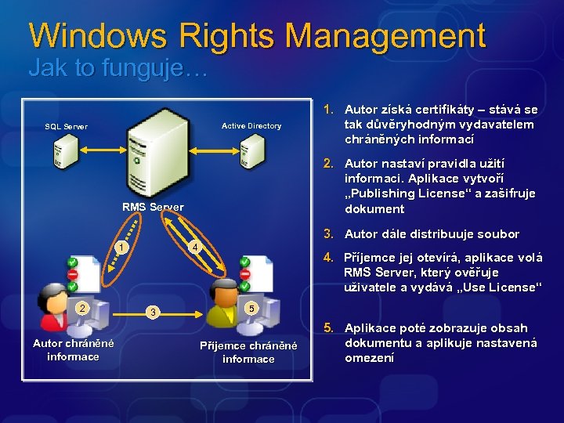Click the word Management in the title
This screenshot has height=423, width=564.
click(385, 36)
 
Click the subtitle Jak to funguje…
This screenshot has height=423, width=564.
click(117, 69)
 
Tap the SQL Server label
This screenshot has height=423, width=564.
click(67, 126)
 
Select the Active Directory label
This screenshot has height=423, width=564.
click(251, 125)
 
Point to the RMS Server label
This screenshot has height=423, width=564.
click(153, 207)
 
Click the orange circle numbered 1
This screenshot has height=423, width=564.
click(119, 248)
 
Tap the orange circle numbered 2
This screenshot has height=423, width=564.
click(81, 308)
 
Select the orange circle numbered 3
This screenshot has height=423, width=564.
click(154, 313)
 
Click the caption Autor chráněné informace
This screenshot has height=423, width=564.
click(73, 350)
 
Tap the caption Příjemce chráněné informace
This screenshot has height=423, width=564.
click(248, 352)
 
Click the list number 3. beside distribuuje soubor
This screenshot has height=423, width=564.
click(329, 233)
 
